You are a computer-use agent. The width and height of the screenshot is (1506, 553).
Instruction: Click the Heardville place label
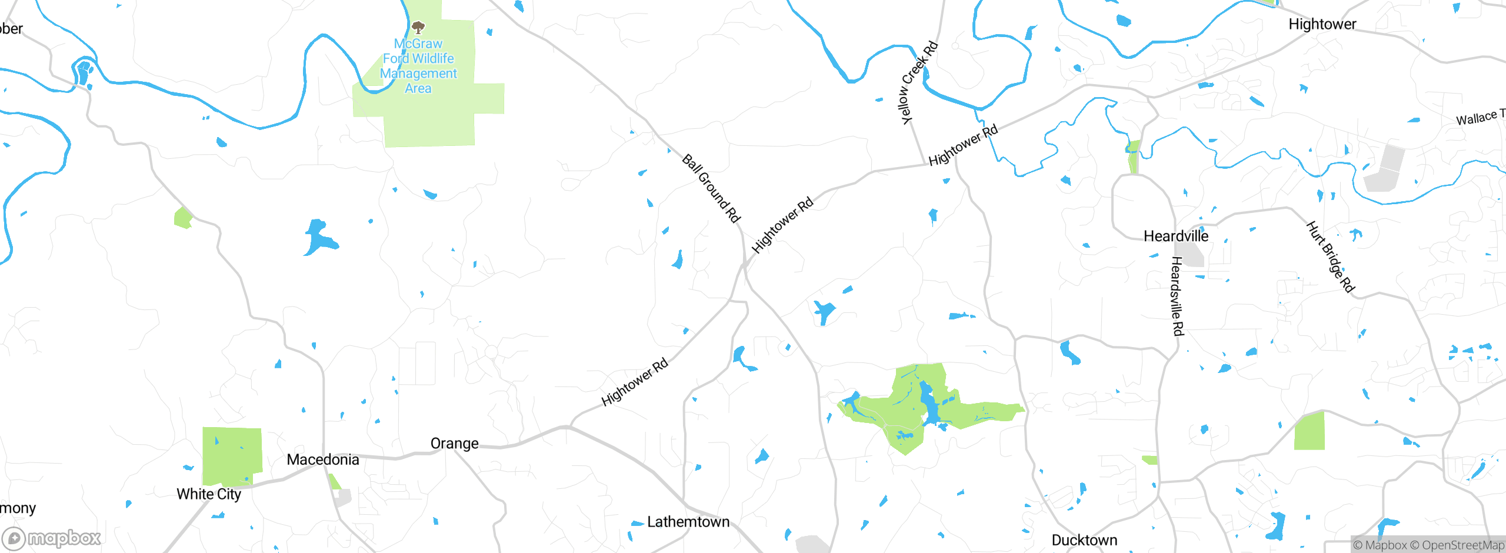click(x=1175, y=236)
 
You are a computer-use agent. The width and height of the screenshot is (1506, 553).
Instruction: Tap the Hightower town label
click(x=1322, y=24)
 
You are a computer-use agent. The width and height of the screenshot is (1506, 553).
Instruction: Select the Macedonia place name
click(x=322, y=459)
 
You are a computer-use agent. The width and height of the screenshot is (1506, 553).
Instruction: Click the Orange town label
click(x=454, y=444)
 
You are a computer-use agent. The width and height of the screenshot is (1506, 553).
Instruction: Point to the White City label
click(x=209, y=494)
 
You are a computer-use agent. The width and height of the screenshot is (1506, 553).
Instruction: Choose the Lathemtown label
click(x=688, y=522)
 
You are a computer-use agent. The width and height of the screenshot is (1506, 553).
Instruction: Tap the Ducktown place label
click(x=1084, y=540)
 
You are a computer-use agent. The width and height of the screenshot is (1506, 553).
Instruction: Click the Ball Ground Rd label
click(x=711, y=188)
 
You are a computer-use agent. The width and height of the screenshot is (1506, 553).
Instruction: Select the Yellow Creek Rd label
click(x=919, y=82)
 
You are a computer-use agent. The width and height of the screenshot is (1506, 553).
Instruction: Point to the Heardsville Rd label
click(x=1177, y=296)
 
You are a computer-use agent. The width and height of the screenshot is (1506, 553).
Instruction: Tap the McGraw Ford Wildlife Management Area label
click(x=418, y=66)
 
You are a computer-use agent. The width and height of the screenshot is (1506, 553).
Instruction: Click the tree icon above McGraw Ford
click(x=418, y=27)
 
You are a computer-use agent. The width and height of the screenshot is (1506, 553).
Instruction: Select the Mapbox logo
click(x=52, y=538)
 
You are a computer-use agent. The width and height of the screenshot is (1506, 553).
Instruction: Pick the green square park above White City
click(x=232, y=456)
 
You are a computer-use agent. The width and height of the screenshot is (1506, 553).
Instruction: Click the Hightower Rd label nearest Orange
click(x=635, y=382)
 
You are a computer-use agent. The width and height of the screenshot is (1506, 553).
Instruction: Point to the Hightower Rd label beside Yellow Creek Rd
click(x=963, y=145)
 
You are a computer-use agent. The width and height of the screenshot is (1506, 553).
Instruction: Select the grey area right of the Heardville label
click(x=1193, y=256)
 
